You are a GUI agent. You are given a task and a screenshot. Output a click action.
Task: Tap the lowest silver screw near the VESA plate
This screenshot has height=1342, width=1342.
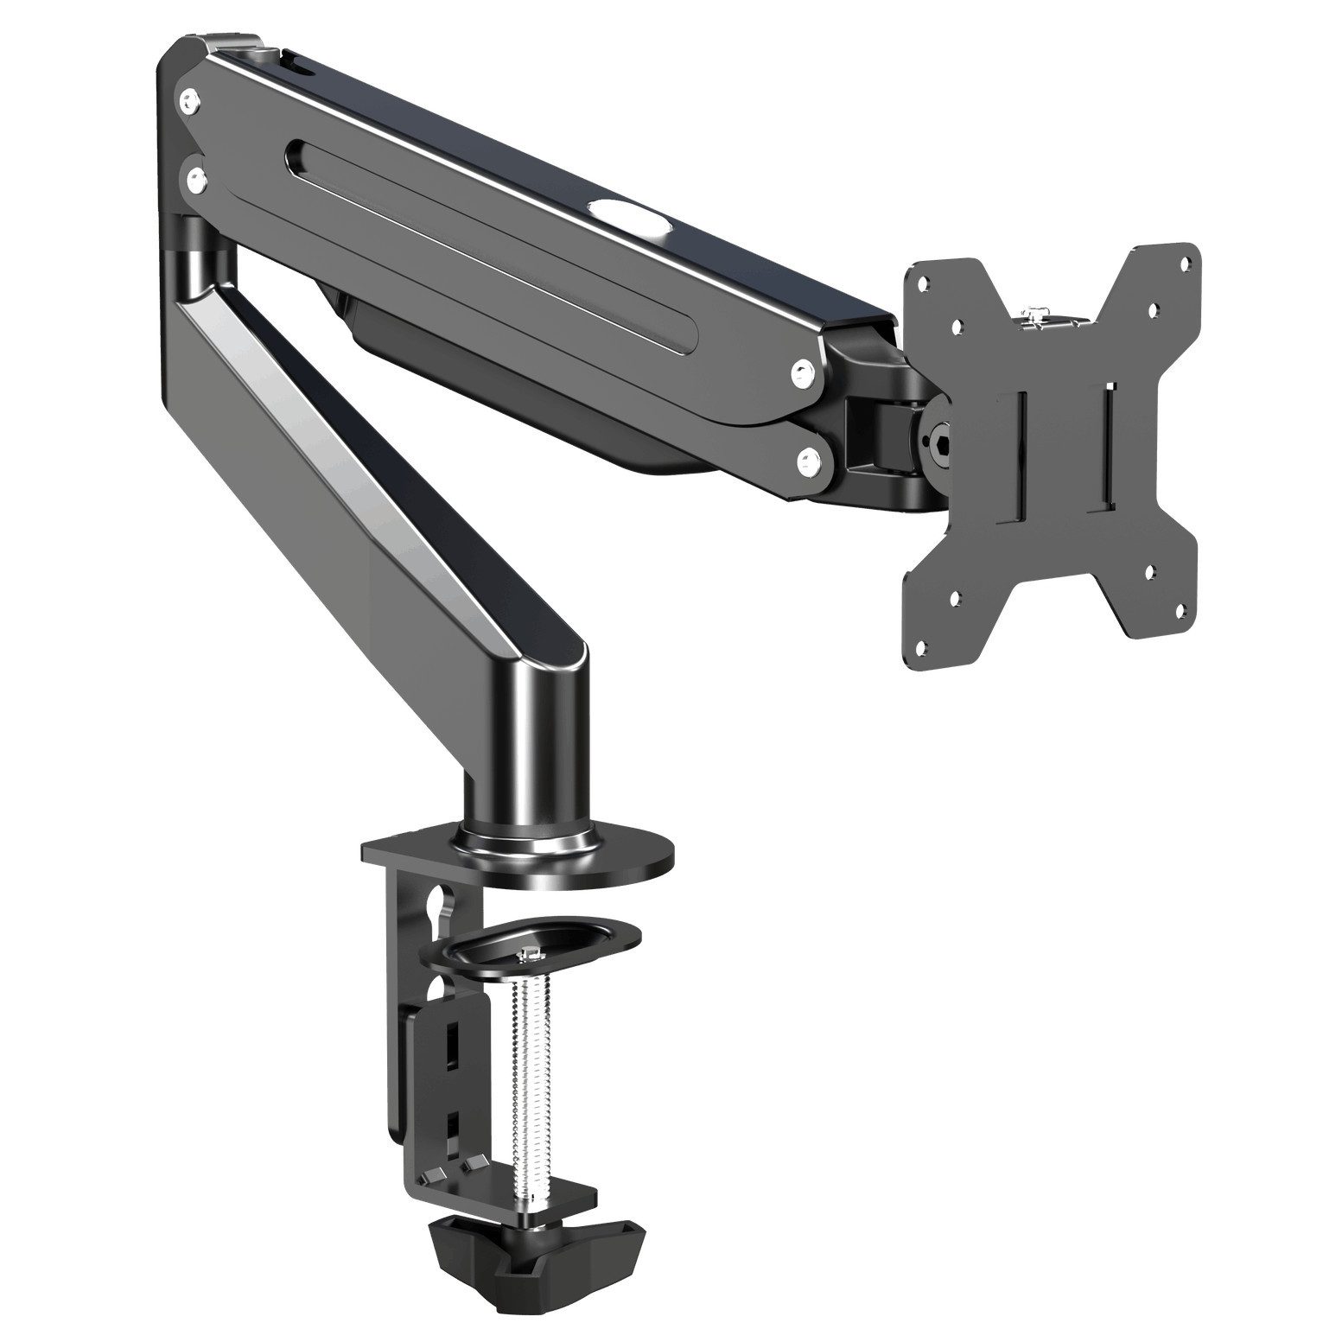(811, 457)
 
